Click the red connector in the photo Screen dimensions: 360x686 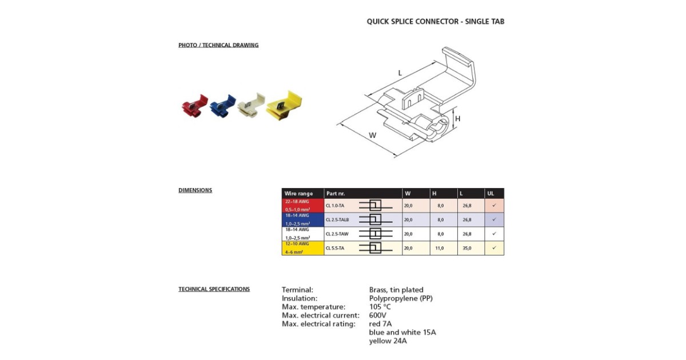coord(193,107)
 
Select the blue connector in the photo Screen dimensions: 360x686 coord(222,106)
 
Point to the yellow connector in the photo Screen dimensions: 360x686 coord(284,105)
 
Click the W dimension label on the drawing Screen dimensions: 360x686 coord(373,135)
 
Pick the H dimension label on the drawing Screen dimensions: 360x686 coord(458,119)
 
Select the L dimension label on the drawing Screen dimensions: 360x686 coord(400,73)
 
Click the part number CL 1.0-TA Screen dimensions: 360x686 coord(335,205)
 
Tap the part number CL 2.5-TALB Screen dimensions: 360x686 coord(337,219)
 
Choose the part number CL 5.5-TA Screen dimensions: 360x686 coord(335,248)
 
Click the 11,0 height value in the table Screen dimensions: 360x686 coord(440,248)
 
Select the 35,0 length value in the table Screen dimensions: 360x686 coord(467,248)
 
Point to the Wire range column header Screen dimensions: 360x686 coord(298,194)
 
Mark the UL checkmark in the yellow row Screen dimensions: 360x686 coord(494,248)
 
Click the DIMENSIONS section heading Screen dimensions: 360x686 coord(195,190)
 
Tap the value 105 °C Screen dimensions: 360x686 coord(380,307)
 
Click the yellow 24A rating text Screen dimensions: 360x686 coord(388,341)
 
